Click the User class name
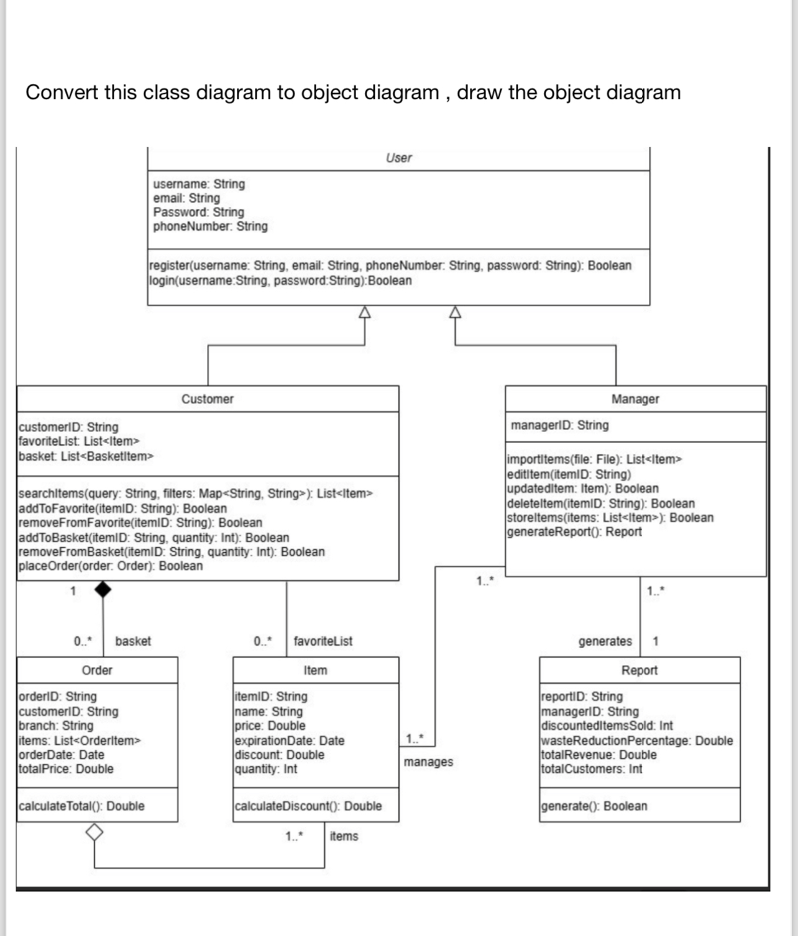[x=398, y=158]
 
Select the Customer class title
[x=208, y=399]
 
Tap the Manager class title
[x=635, y=399]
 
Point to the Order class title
[x=97, y=670]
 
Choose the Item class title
[x=315, y=670]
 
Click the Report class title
[x=639, y=670]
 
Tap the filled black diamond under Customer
[x=103, y=589]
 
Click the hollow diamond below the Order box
[x=94, y=831]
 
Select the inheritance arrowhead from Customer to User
[x=365, y=312]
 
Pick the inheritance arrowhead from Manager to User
[x=456, y=312]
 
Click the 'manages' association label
[x=428, y=762]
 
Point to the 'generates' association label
[x=605, y=641]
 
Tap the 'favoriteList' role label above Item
[x=323, y=641]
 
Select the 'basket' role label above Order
[x=133, y=641]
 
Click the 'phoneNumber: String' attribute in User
[x=210, y=226]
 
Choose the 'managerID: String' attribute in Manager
[x=559, y=425]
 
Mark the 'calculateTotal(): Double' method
[x=81, y=806]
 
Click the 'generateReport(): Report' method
[x=574, y=532]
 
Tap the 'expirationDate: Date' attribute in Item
[x=290, y=740]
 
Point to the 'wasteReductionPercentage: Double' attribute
[x=637, y=740]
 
